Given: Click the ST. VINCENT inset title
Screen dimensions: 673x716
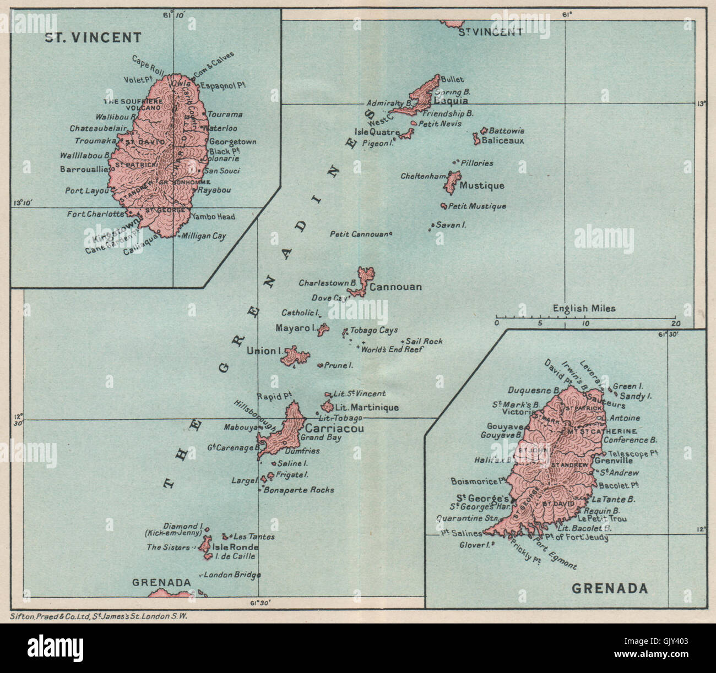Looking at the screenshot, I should (93, 37).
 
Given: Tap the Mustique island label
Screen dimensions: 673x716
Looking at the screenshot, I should (482, 186).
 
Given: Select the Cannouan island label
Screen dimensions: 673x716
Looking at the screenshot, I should (395, 287).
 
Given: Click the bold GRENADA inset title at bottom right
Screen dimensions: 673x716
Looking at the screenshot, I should (609, 588).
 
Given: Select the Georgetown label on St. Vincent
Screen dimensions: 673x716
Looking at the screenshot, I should (232, 141).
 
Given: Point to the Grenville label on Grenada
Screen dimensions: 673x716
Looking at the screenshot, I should (614, 461).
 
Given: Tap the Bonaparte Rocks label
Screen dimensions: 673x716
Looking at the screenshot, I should (299, 490).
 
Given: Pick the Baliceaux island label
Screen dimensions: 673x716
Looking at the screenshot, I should (502, 140).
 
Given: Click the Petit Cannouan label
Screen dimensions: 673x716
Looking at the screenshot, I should (359, 234).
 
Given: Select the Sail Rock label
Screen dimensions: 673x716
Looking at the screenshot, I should (424, 341).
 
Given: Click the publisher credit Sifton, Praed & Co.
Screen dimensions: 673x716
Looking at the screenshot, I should (99, 616).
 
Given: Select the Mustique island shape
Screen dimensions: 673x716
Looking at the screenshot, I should (453, 182).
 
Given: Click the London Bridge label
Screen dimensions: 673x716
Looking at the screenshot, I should (232, 574).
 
